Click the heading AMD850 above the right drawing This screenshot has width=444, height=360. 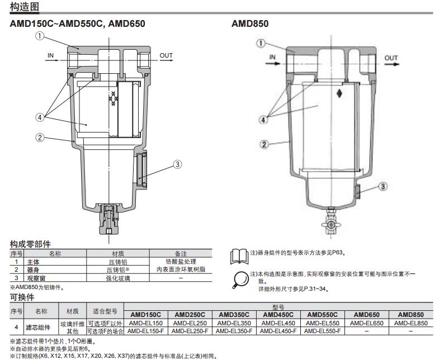click(x=250, y=23)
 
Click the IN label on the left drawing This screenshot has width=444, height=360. click(x=51, y=55)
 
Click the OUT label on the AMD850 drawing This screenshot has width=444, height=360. click(x=391, y=58)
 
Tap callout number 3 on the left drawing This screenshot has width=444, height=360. click(x=178, y=164)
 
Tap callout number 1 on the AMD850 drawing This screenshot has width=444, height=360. click(x=261, y=43)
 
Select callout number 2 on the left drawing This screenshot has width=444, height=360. click(x=40, y=138)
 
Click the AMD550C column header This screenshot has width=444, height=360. click(x=323, y=315)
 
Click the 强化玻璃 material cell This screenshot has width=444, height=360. click(x=118, y=277)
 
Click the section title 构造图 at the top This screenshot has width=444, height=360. click(x=22, y=6)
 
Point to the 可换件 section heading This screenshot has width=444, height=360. click(x=22, y=297)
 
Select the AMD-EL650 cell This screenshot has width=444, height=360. click(x=367, y=323)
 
